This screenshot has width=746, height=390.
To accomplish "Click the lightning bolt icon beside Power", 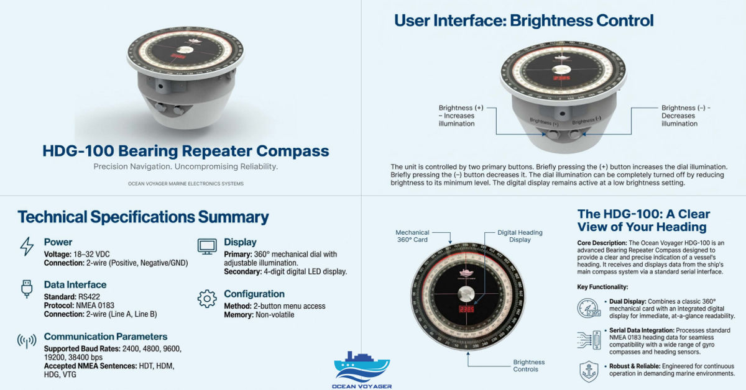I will [x=27, y=247].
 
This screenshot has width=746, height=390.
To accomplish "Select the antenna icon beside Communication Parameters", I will [x=27, y=341].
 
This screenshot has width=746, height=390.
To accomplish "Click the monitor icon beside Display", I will [x=206, y=246].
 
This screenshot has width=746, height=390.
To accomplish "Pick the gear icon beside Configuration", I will [x=206, y=299].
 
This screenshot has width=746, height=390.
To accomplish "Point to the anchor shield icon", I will [x=588, y=371].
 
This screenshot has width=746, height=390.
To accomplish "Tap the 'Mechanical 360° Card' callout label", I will [x=412, y=236].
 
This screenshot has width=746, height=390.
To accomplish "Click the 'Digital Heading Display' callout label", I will [x=520, y=236].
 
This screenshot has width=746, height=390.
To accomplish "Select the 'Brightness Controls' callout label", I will [x=528, y=366].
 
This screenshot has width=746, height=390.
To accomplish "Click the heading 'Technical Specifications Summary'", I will [x=143, y=217].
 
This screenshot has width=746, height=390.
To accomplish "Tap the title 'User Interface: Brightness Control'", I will [x=523, y=20].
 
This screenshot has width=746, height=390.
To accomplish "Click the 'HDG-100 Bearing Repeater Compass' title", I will [x=185, y=151].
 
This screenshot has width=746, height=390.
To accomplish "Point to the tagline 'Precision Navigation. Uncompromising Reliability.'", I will [x=185, y=167].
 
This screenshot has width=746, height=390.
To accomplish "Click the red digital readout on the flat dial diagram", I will [x=467, y=309].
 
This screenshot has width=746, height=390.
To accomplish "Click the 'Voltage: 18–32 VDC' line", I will [x=83, y=254].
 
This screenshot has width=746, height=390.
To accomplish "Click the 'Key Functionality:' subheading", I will [x=602, y=287].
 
